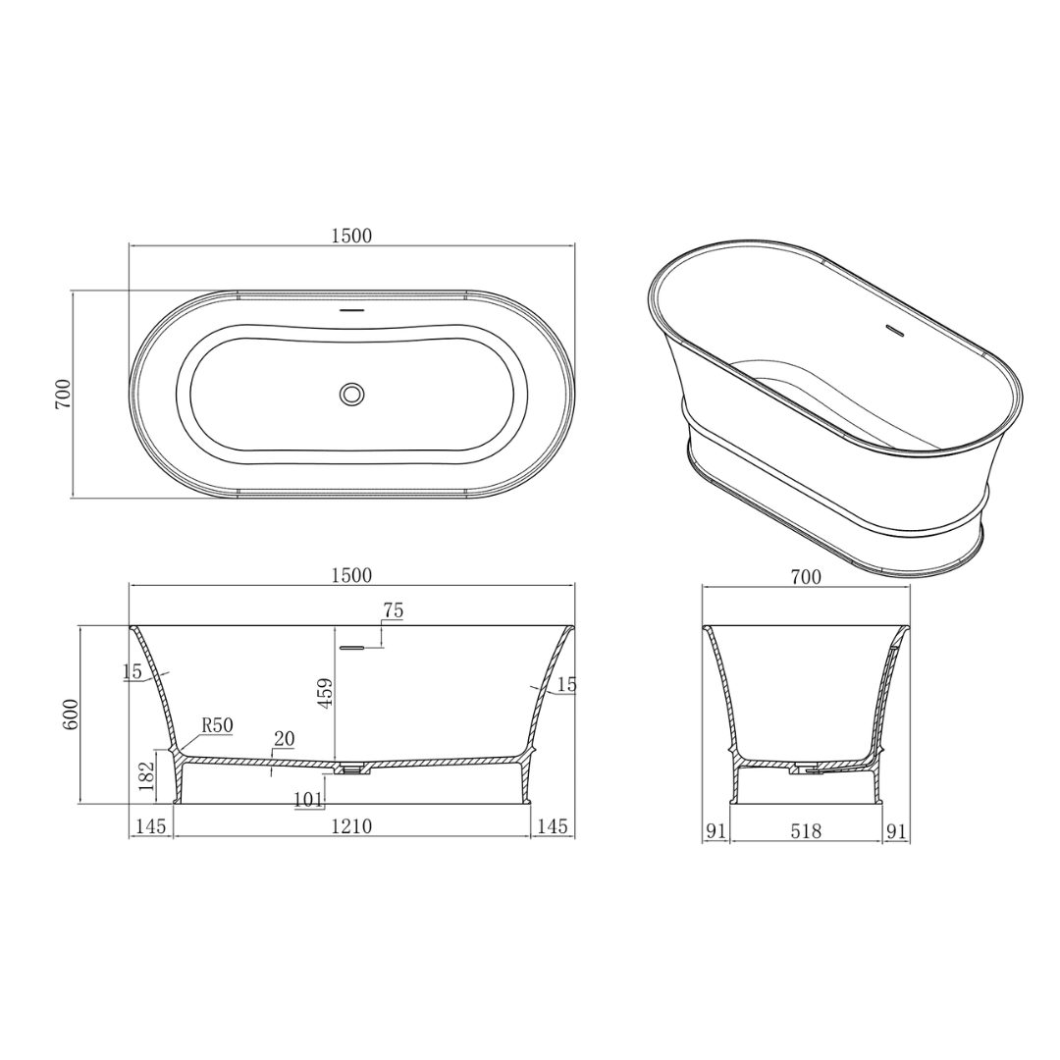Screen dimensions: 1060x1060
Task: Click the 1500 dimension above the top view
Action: (351, 236)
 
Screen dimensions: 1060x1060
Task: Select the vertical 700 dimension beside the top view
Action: (63, 394)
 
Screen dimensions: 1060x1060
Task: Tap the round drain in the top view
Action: (351, 395)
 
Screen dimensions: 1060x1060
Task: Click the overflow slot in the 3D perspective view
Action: (894, 331)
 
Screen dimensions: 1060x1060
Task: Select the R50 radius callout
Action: (216, 725)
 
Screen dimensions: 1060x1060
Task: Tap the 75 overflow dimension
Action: (393, 610)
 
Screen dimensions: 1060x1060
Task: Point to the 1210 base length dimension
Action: (351, 826)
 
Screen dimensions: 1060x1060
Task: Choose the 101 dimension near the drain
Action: (308, 800)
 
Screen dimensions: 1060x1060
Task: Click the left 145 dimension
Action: (150, 826)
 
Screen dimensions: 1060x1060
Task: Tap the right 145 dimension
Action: (553, 826)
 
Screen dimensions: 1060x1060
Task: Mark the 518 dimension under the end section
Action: (805, 830)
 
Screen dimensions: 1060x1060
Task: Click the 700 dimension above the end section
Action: (805, 577)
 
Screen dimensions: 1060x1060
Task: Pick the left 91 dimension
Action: (715, 830)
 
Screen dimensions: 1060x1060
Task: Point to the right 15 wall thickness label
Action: (565, 684)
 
